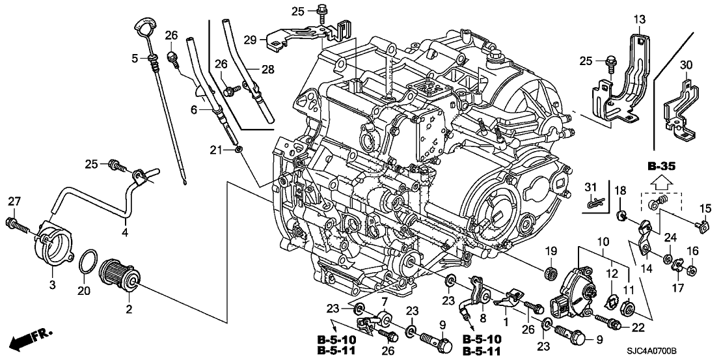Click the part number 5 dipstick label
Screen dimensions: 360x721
tap(135, 59)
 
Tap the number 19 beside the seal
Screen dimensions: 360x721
tap(551, 251)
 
